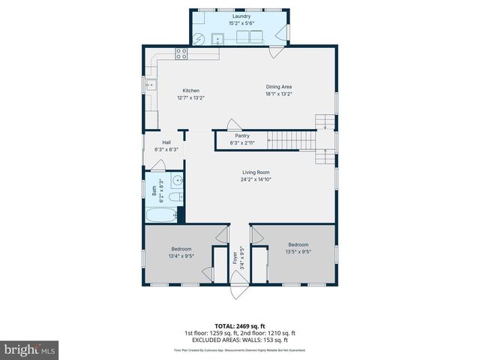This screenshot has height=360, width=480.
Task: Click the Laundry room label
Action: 241,16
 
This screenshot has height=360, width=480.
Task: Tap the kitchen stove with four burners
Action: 181,52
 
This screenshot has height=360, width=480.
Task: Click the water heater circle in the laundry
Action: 199,40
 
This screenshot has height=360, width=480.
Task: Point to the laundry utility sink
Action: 220,40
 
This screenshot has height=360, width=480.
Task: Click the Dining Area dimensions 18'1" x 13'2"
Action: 278,94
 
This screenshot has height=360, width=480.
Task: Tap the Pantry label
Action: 242,136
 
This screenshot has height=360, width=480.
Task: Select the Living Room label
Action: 256,172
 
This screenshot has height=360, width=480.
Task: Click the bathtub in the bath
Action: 160,217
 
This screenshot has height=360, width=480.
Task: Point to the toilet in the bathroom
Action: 173,197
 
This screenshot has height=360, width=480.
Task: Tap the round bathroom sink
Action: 177,180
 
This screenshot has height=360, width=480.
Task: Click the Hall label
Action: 166,142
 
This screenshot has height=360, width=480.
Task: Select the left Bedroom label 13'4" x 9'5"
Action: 181,249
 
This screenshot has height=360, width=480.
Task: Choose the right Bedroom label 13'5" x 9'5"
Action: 298,244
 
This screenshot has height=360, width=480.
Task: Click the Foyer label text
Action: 234,258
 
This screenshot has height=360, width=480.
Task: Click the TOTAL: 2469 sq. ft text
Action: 240,326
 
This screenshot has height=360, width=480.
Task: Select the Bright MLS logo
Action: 30,349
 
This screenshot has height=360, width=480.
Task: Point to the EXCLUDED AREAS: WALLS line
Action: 240,340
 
